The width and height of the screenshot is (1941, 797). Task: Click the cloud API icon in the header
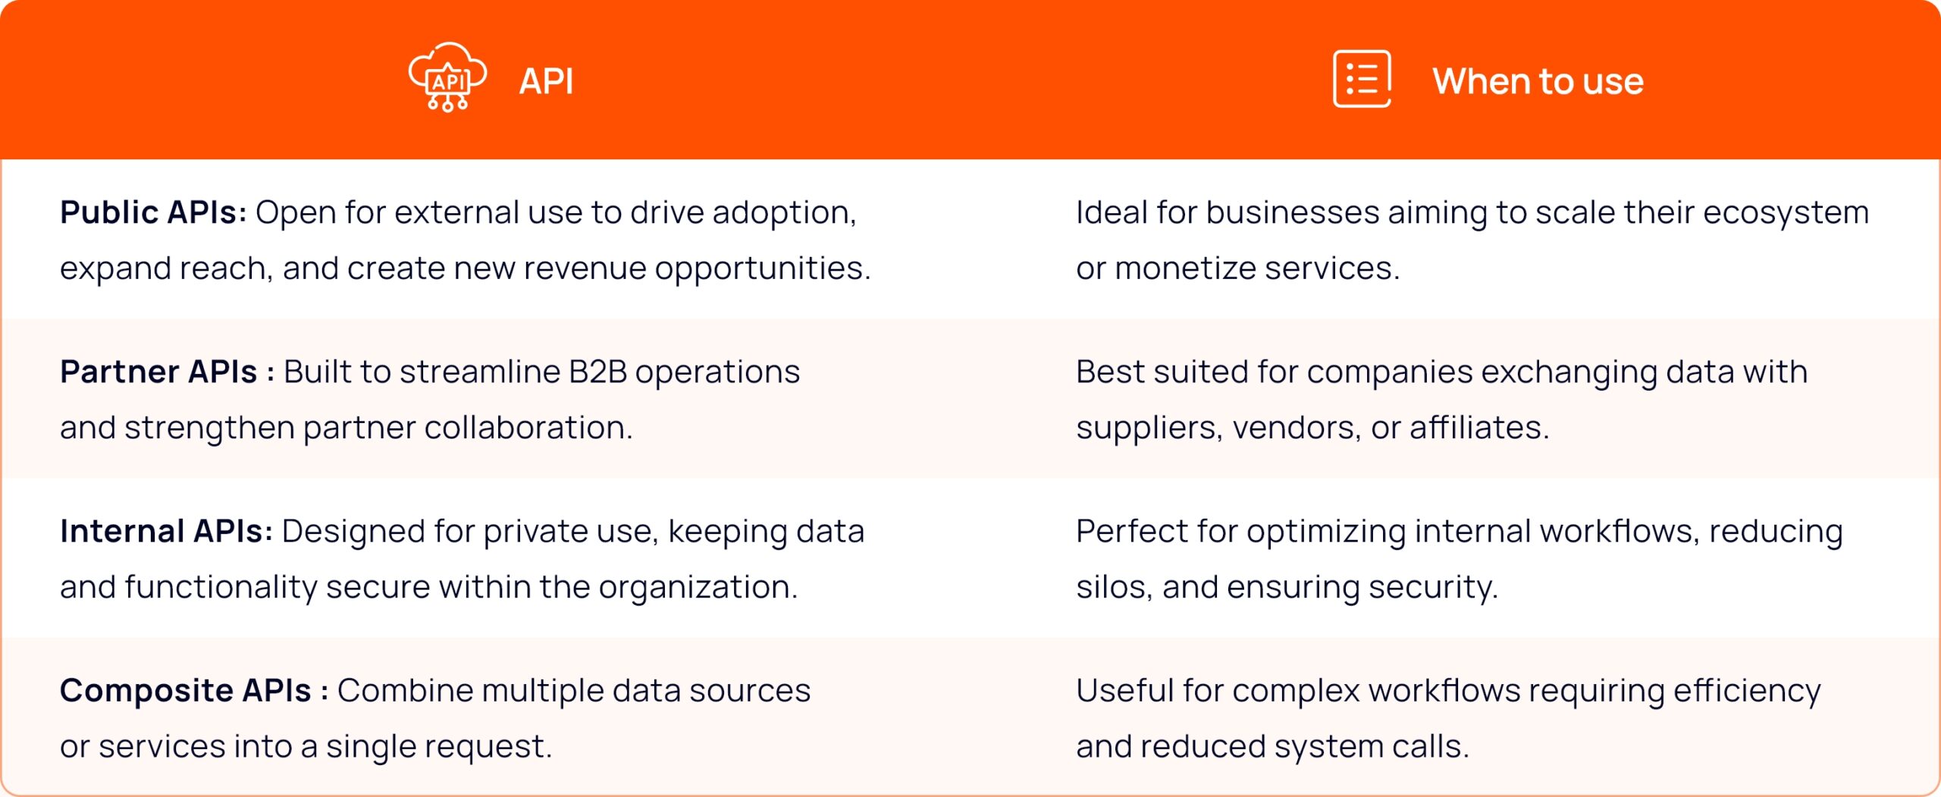tap(447, 77)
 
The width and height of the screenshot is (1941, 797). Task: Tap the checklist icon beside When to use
tap(1362, 79)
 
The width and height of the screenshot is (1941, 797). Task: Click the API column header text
tap(546, 81)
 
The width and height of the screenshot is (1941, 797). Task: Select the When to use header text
tap(1538, 81)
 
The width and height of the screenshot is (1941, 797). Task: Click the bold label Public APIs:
tap(153, 212)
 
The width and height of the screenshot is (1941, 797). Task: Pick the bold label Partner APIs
tap(158, 372)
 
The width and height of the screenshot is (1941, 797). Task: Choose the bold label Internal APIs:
tap(166, 531)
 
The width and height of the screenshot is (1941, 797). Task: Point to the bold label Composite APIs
tap(185, 690)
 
